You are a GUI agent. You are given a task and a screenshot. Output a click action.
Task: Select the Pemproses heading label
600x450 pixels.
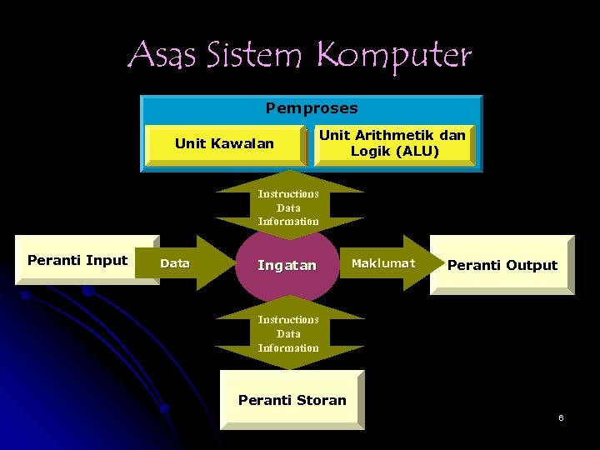[312, 108]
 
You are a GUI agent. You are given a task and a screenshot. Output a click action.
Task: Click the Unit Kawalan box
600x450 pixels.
[224, 144]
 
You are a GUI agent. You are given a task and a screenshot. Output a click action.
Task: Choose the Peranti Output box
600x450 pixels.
[502, 265]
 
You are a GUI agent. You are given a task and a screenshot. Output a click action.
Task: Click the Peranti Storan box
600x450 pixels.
[292, 400]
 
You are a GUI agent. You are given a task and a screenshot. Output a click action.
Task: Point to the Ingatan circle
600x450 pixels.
[287, 265]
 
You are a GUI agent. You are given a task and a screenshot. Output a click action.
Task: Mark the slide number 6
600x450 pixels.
[561, 417]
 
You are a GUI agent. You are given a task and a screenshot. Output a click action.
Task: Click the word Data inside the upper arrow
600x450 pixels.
[288, 207]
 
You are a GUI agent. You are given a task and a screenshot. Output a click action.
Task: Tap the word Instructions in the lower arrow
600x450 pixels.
[288, 320]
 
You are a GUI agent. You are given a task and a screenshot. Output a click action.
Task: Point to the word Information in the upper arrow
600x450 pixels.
[288, 222]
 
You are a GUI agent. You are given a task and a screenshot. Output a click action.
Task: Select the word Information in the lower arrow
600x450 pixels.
[288, 348]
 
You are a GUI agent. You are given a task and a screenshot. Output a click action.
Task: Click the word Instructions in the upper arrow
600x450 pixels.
[288, 193]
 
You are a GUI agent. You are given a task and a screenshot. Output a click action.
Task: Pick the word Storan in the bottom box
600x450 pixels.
[321, 400]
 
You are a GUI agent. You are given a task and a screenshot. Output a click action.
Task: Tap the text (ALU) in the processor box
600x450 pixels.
[419, 152]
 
